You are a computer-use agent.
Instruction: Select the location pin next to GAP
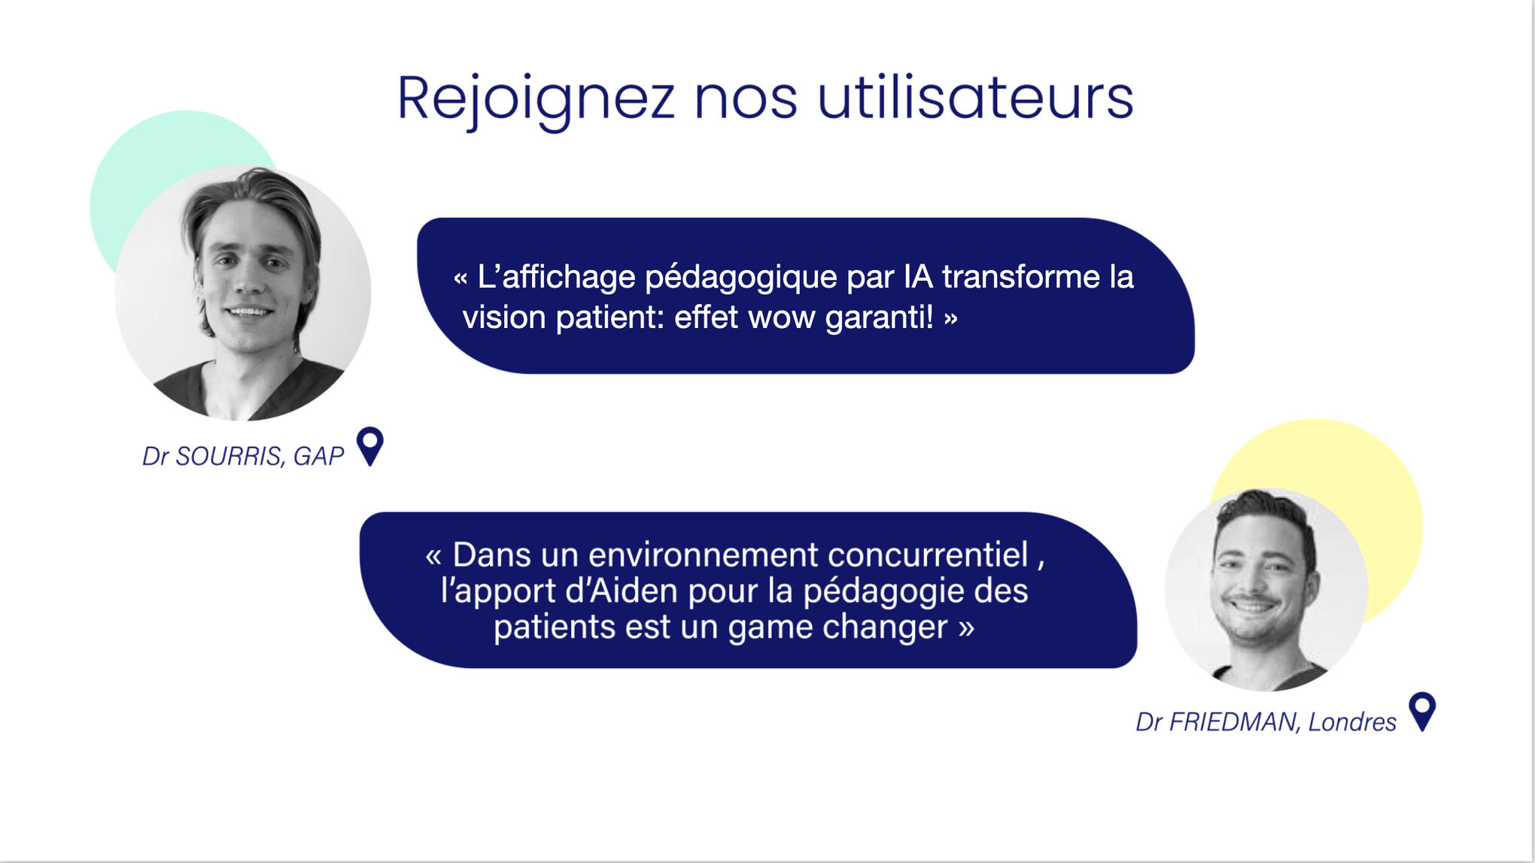[369, 446]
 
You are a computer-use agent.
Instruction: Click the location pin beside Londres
[1422, 711]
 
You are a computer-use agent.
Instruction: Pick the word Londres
[1352, 722]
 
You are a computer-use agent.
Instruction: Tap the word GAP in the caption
[318, 456]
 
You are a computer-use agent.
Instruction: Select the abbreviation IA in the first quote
[918, 276]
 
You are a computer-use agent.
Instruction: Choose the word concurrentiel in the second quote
[928, 555]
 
